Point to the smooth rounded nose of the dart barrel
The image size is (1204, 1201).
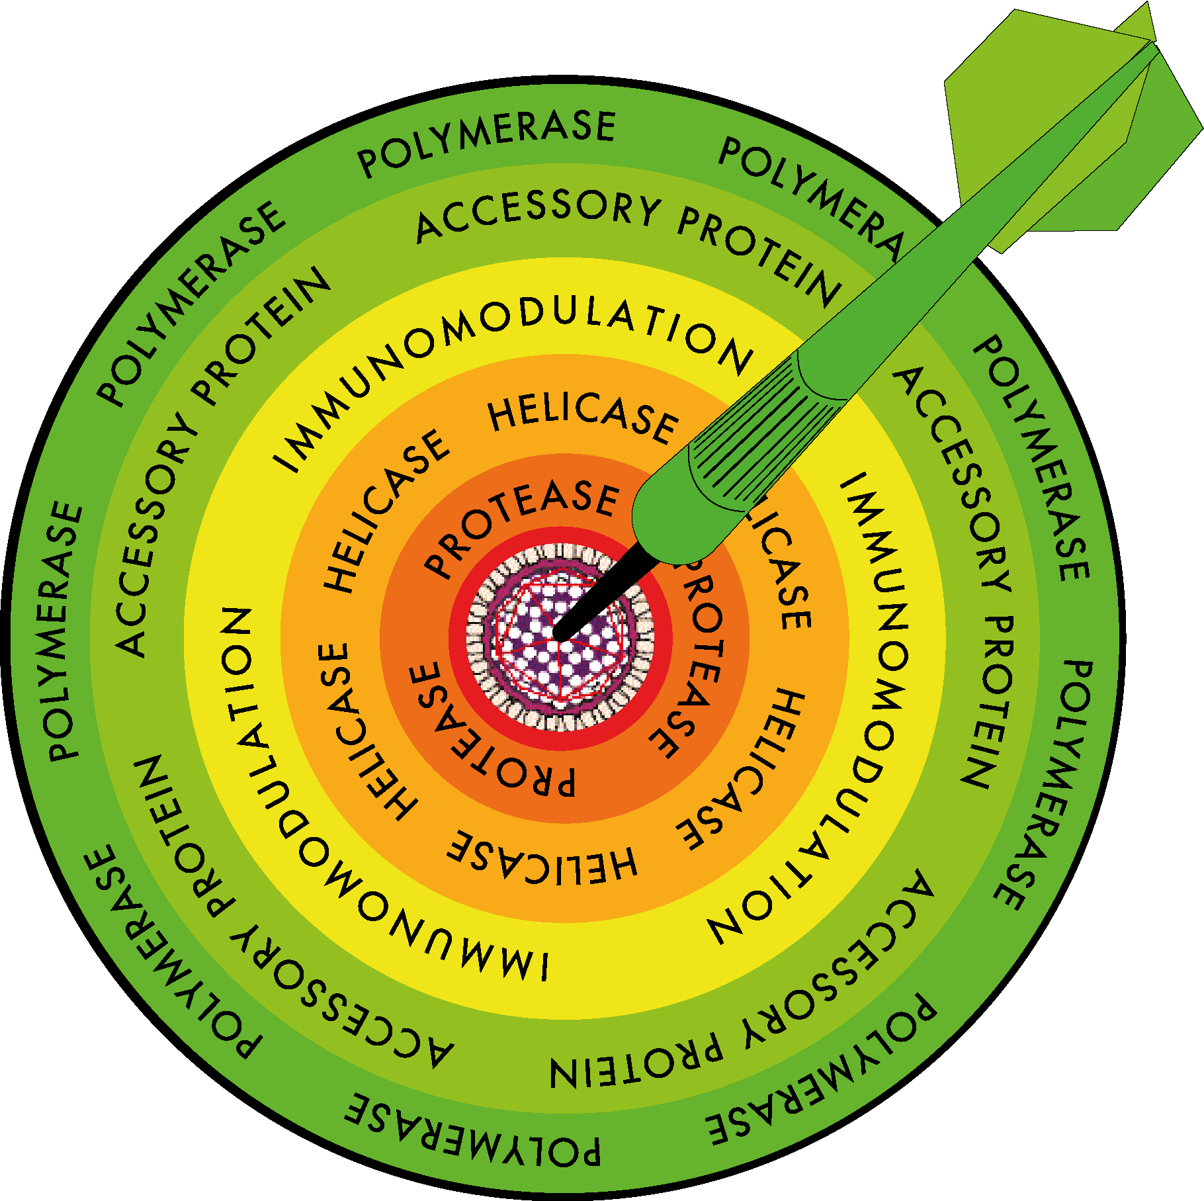click(668, 523)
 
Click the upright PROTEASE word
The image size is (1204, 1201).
click(523, 526)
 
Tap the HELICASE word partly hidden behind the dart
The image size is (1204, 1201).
click(781, 569)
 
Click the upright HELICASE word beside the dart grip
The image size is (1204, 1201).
click(582, 417)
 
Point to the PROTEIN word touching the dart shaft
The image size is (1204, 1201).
click(761, 255)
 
